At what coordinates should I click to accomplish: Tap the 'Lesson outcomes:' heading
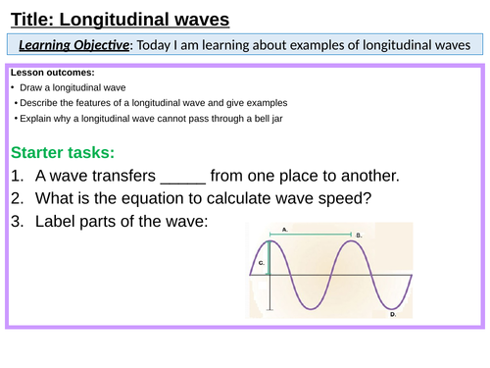pyautogui.click(x=53, y=73)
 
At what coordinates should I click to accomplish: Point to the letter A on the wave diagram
pyautogui.click(x=283, y=228)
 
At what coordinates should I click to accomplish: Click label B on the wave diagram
pyautogui.click(x=360, y=236)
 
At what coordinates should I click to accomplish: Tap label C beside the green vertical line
pyautogui.click(x=261, y=263)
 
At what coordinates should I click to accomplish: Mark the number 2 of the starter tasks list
pyautogui.click(x=18, y=199)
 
